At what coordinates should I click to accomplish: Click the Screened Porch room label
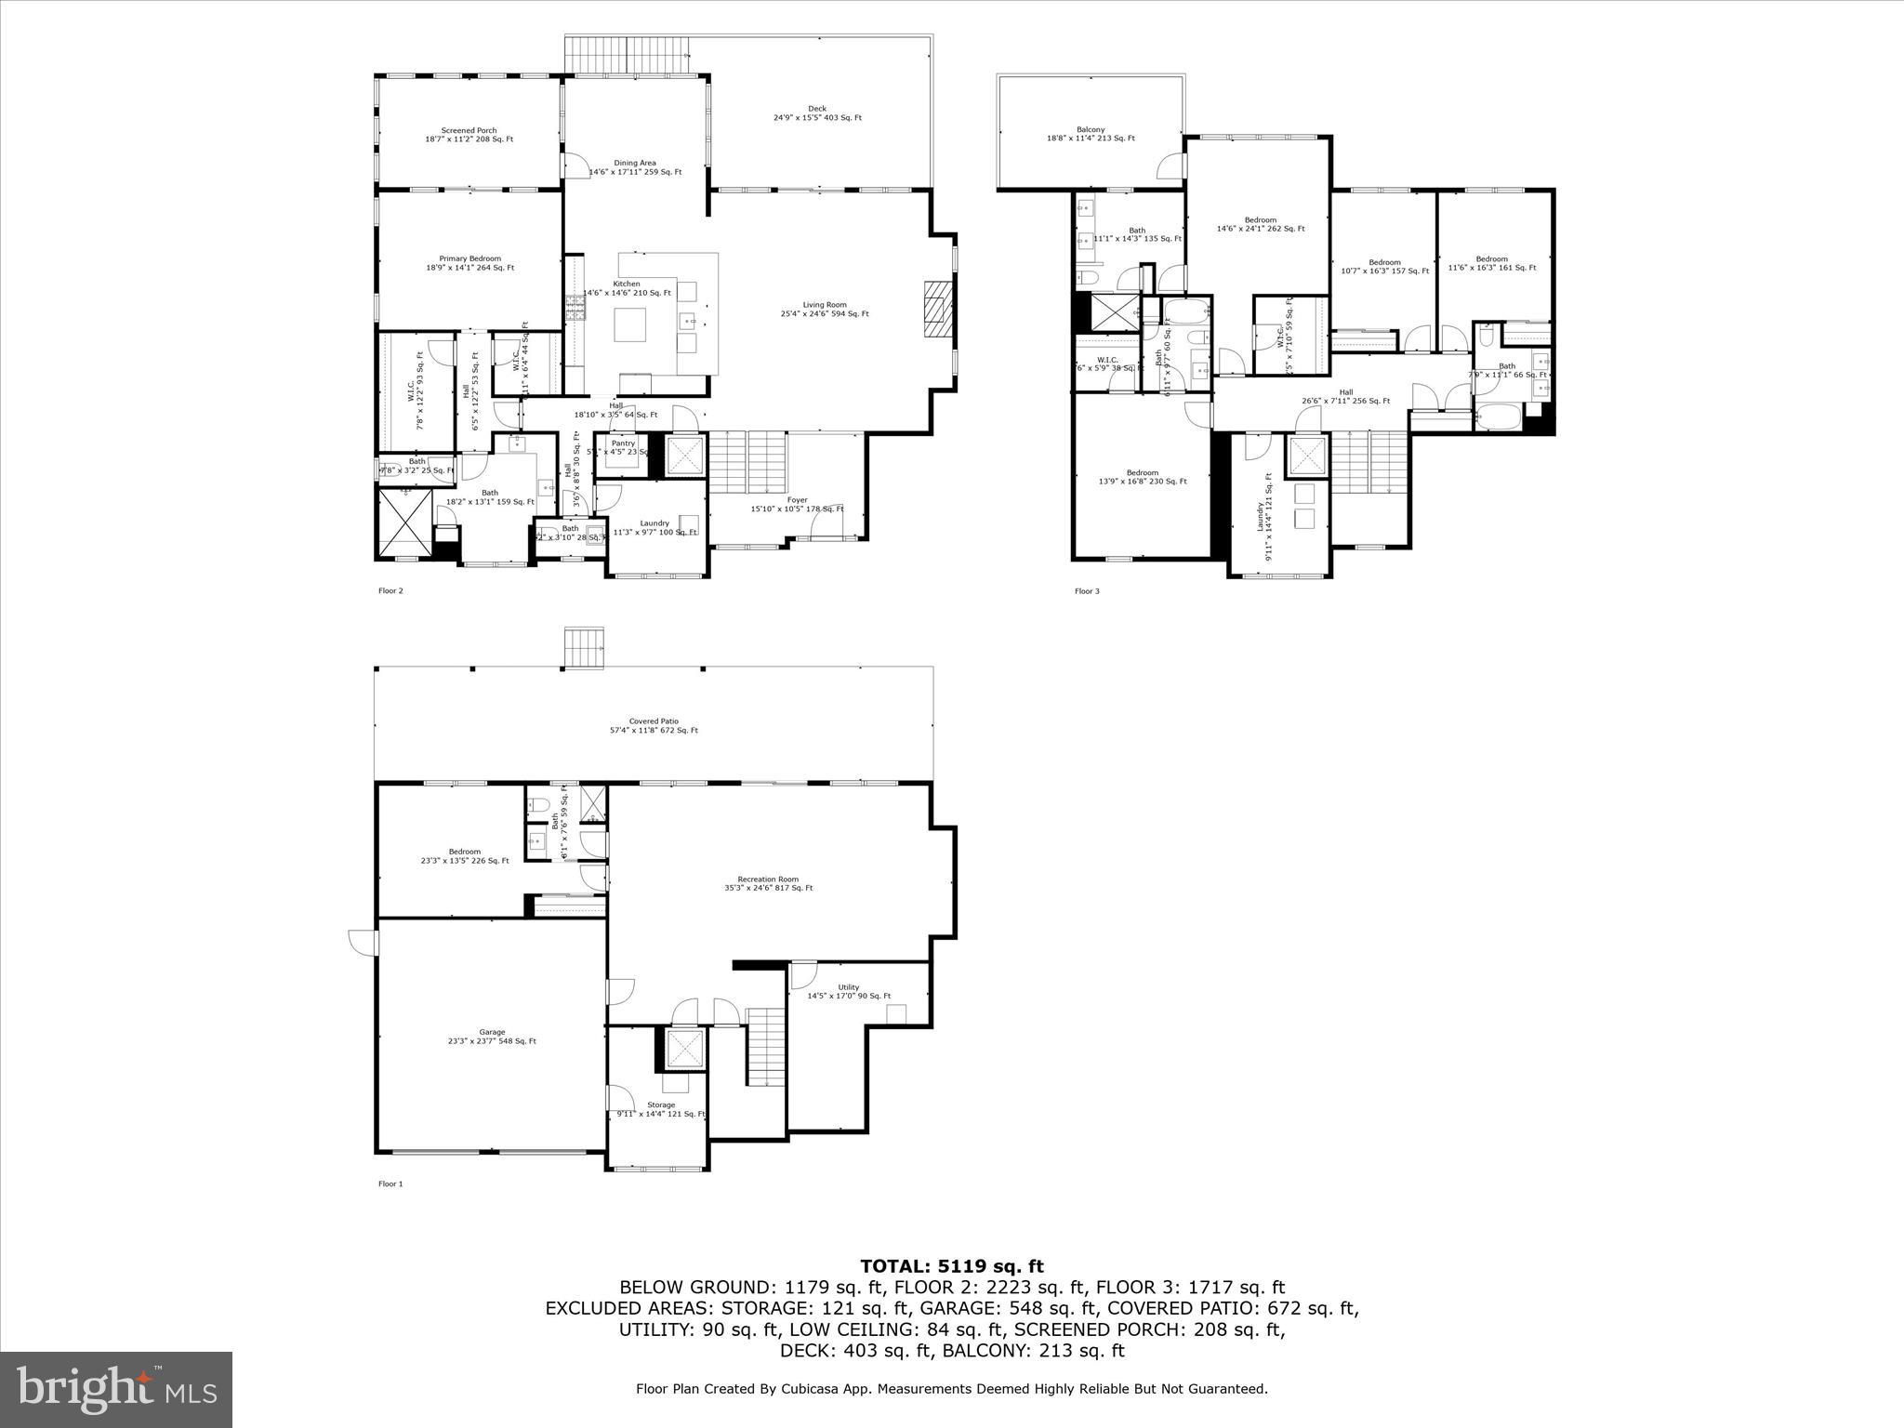[x=469, y=135]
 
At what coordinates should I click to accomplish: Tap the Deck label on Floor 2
[x=817, y=113]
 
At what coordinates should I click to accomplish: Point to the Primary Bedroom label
[x=469, y=263]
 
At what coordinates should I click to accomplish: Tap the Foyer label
[x=797, y=504]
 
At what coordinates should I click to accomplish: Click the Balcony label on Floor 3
[x=1091, y=134]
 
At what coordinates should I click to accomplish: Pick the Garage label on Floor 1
[x=492, y=1037]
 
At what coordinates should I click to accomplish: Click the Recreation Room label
[x=768, y=883]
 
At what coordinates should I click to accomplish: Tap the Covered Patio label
[x=654, y=725]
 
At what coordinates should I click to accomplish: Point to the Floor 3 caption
[x=1087, y=591]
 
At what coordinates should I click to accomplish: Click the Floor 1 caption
[x=390, y=1184]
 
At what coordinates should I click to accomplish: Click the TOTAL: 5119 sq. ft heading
[x=951, y=1266]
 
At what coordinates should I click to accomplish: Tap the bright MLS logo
[x=116, y=1390]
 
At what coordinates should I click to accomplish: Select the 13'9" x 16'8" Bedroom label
[x=1142, y=477]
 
